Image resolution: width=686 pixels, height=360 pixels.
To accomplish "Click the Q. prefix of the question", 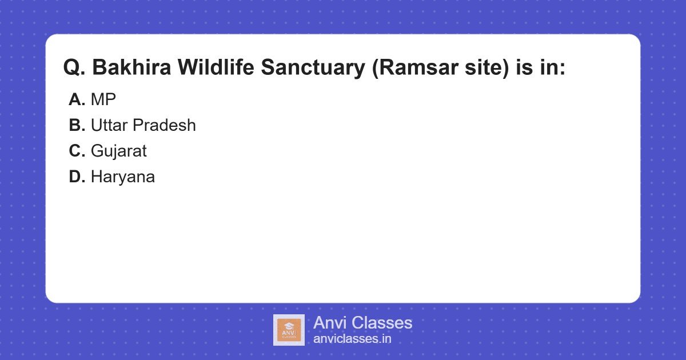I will [74, 68].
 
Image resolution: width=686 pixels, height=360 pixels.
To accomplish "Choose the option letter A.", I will [77, 99].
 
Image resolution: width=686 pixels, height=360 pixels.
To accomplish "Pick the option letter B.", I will [77, 125].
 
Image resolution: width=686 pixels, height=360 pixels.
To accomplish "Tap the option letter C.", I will [77, 151].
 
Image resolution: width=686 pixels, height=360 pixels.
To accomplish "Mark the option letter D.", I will [77, 177].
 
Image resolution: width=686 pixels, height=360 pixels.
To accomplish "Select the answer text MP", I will [103, 99].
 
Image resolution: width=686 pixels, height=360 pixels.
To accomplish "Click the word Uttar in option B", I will [109, 125].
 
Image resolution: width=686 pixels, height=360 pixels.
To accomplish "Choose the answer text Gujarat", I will [118, 151].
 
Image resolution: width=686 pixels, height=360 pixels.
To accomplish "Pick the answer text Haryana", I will [122, 177].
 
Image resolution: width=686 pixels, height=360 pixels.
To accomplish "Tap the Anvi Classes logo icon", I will [289, 330].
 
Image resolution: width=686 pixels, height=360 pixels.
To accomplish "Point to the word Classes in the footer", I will [381, 323].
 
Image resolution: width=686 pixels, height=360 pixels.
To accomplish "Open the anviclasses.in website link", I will [352, 339].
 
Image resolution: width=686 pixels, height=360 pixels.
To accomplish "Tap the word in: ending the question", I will [551, 68].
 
